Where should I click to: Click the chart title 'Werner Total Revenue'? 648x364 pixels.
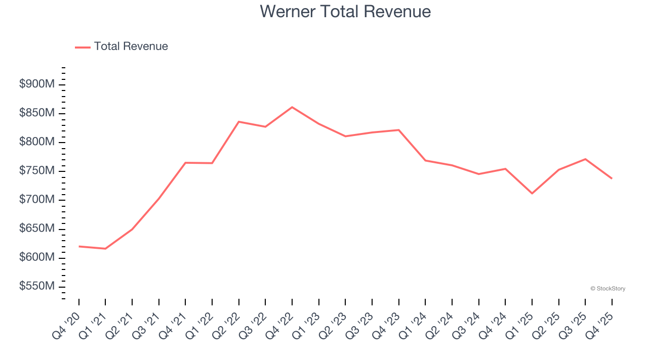(x=345, y=11)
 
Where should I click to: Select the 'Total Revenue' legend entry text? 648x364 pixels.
(x=131, y=47)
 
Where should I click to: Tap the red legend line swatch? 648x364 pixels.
(x=83, y=47)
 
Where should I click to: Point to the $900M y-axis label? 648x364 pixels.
(x=37, y=84)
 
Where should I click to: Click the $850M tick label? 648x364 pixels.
(x=37, y=113)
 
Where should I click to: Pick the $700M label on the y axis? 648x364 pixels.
(x=37, y=200)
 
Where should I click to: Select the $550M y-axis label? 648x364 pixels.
(x=37, y=287)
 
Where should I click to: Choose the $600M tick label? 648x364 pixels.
(x=37, y=258)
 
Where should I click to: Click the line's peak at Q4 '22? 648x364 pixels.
(x=292, y=107)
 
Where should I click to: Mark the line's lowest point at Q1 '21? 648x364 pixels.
(x=105, y=249)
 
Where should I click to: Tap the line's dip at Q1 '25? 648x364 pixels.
(x=532, y=193)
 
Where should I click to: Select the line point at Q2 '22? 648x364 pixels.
(x=238, y=122)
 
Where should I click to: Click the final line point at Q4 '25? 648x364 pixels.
(x=612, y=178)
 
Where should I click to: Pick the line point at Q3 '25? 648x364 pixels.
(x=585, y=159)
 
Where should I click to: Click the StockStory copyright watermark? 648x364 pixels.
(x=607, y=289)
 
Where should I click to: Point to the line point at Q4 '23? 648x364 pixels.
(x=399, y=130)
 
